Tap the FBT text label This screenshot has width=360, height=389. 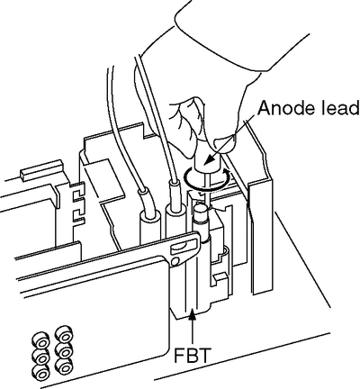(x=191, y=356)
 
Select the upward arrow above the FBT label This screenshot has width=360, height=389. (x=192, y=328)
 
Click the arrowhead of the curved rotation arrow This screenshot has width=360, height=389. (x=228, y=173)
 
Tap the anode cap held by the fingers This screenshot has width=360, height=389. (x=208, y=161)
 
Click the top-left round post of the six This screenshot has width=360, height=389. (x=40, y=341)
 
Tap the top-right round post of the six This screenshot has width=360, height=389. (x=64, y=335)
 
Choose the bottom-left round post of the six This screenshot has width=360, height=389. (x=40, y=373)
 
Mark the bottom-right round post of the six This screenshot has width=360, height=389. (x=64, y=366)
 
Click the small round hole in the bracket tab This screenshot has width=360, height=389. (x=175, y=261)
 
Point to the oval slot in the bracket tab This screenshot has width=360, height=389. (x=180, y=248)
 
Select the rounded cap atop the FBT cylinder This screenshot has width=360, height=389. (x=201, y=209)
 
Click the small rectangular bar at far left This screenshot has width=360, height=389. (x=40, y=170)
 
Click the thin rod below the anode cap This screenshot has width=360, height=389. (x=208, y=186)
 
